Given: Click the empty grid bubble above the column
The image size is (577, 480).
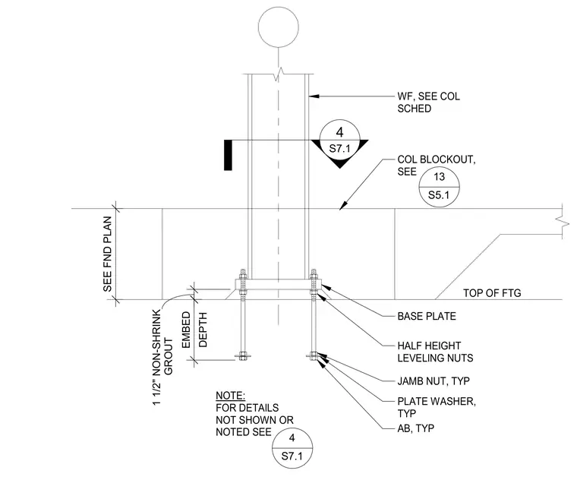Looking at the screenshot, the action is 278,27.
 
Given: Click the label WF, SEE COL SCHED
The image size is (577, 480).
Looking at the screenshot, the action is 428,103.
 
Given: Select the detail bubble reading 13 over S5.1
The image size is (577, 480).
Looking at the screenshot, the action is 439,186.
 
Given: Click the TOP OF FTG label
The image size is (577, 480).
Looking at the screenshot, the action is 492,293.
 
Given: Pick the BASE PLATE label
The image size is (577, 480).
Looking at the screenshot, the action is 427,316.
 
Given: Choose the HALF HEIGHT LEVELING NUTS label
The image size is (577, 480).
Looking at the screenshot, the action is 435,352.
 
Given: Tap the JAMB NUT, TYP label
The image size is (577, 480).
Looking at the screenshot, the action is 434,381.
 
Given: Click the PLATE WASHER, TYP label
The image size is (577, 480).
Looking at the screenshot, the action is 437,407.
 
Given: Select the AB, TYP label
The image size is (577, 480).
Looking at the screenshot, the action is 416,428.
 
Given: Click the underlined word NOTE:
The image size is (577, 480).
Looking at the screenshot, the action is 230,396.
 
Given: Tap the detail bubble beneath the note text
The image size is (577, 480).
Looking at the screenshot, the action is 292,448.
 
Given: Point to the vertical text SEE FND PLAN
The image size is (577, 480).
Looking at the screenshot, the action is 107,254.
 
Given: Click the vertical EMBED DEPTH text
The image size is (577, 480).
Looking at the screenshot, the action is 194,330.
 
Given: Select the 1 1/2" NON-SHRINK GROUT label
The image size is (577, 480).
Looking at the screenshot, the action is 162,358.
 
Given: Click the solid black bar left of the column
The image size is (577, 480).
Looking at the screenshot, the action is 229,155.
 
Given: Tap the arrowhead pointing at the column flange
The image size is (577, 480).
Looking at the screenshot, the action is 314,96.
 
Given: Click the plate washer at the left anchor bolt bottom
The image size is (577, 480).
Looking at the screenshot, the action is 243,356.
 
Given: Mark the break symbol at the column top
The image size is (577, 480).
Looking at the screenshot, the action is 278,74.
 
